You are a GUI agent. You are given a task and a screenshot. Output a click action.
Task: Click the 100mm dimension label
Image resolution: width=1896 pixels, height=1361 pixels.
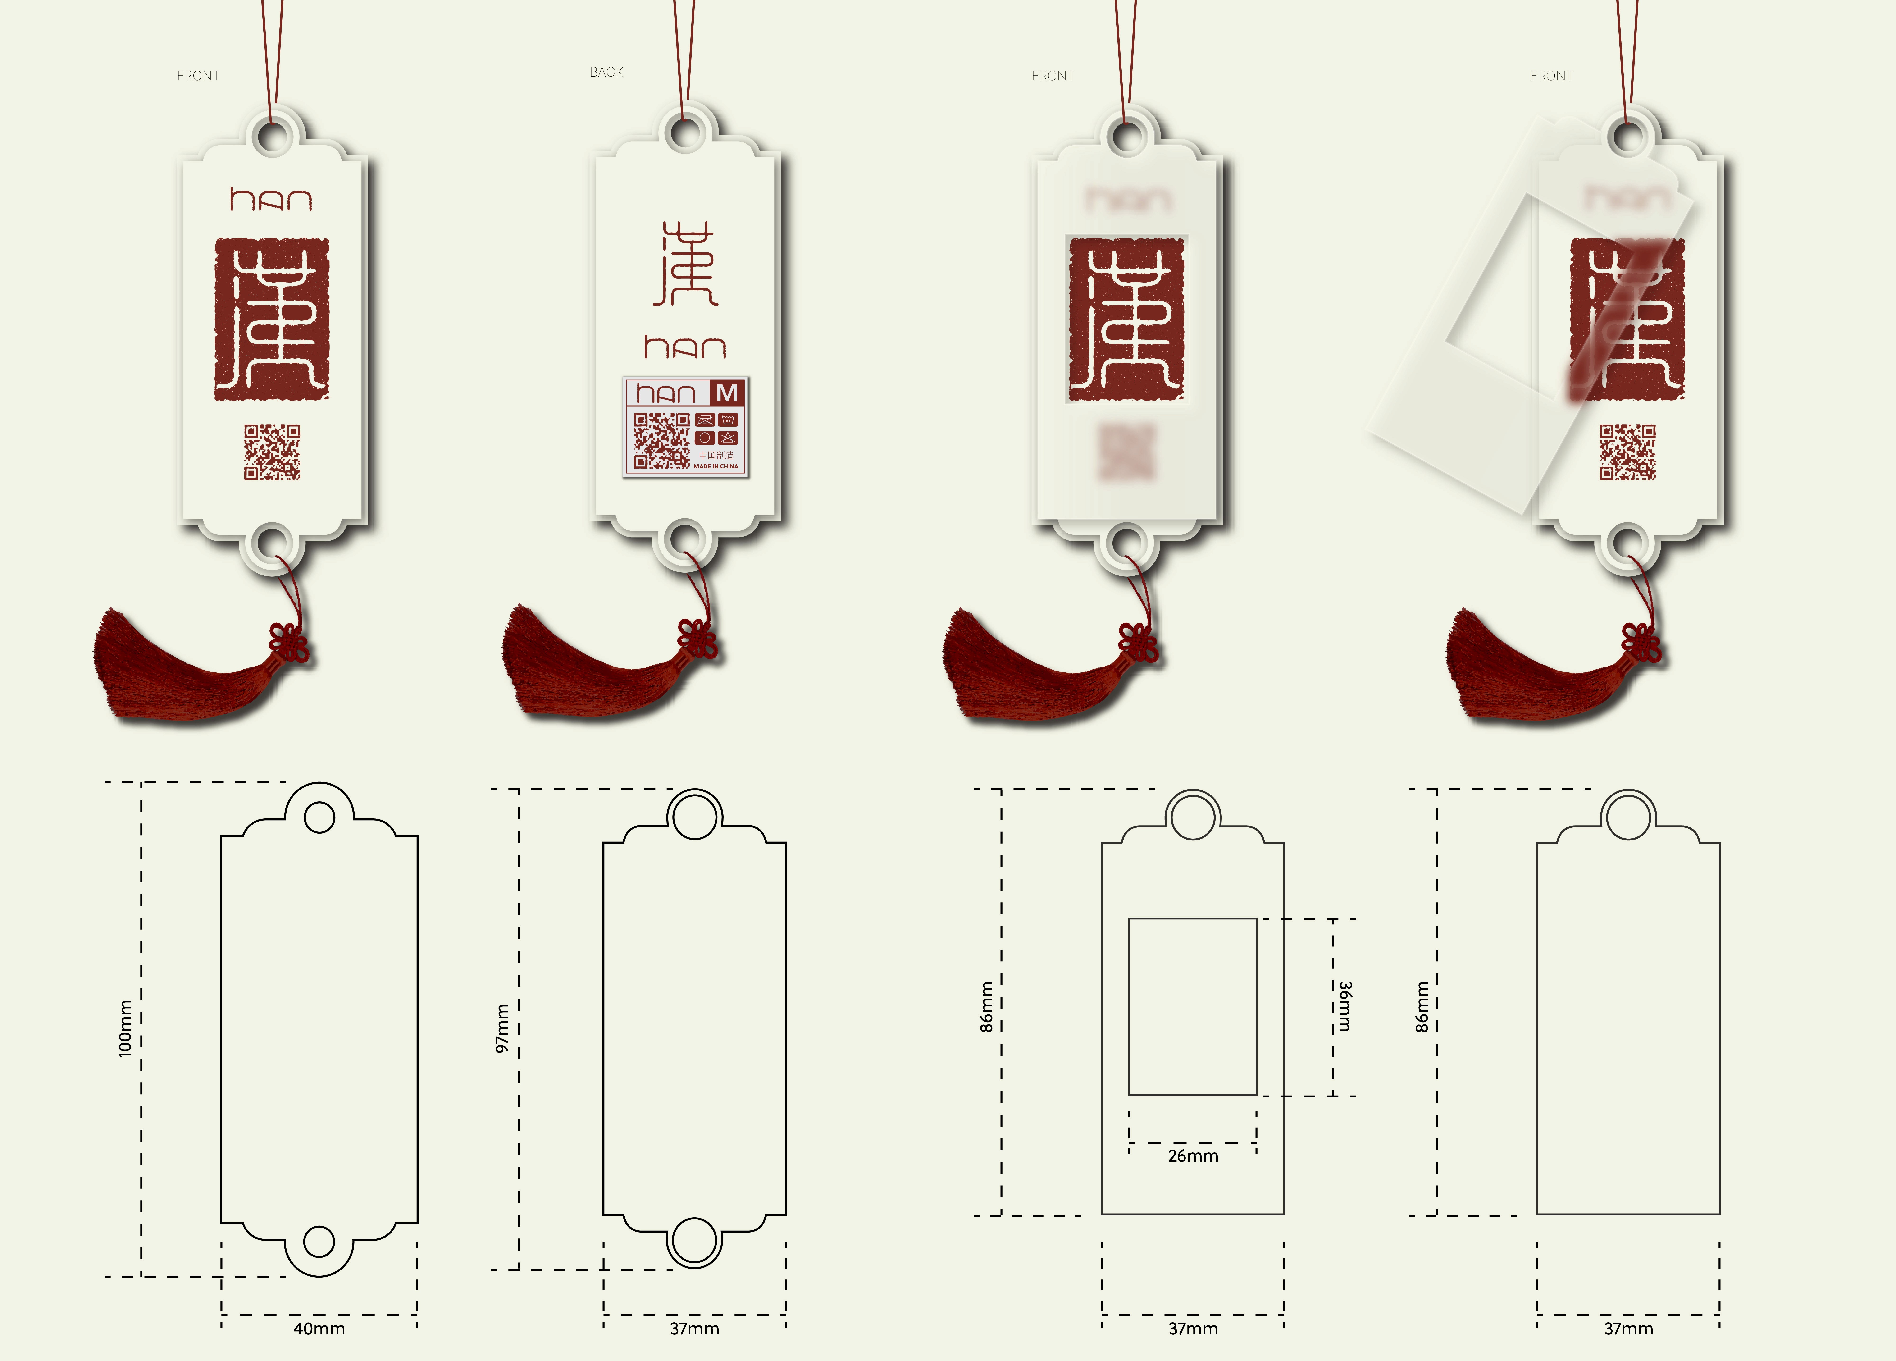pyautogui.click(x=125, y=1028)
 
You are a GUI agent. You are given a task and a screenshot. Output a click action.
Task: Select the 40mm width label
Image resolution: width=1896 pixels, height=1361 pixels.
pyautogui.click(x=319, y=1328)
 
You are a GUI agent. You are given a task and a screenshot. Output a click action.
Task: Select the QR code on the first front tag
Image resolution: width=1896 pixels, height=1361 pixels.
pyautogui.click(x=272, y=452)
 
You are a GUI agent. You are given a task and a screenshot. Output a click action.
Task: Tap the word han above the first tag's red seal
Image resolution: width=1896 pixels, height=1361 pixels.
pyautogui.click(x=271, y=200)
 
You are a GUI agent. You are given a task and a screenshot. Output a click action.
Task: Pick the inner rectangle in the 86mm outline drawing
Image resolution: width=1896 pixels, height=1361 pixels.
pyautogui.click(x=1192, y=1007)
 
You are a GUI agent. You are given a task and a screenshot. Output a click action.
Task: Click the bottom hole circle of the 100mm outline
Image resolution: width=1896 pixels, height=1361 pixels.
pyautogui.click(x=319, y=1242)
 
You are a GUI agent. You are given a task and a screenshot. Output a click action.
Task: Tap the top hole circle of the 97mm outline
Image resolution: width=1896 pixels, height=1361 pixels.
pyautogui.click(x=694, y=815)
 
